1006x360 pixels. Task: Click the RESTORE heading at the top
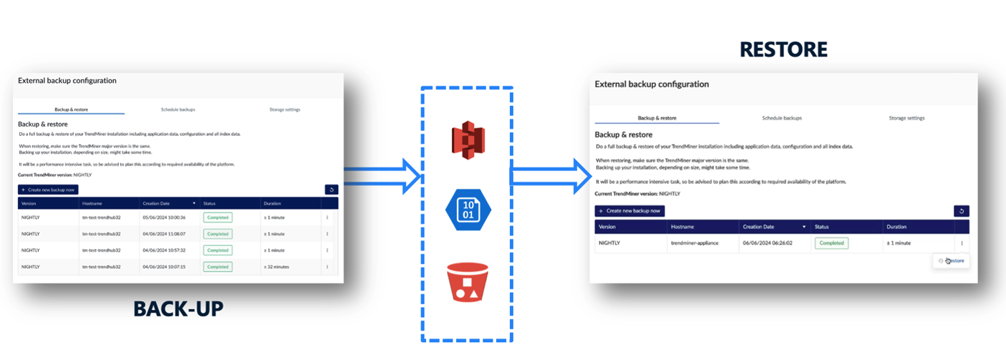pos(783,49)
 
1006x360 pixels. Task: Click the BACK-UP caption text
pos(178,308)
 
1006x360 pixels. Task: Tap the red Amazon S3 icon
pos(468,141)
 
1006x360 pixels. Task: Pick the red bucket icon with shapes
pos(468,282)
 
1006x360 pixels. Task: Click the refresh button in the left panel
pos(331,190)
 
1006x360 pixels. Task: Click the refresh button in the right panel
pos(961,211)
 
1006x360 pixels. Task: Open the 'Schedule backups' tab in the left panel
pos(178,110)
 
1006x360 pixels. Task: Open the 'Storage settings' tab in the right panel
pos(906,118)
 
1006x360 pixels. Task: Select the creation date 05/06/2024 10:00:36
pos(164,217)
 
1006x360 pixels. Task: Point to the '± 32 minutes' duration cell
pos(276,266)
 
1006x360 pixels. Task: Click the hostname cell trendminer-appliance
pos(695,243)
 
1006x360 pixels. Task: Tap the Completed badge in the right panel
pos(831,243)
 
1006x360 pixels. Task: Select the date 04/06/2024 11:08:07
pos(164,233)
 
